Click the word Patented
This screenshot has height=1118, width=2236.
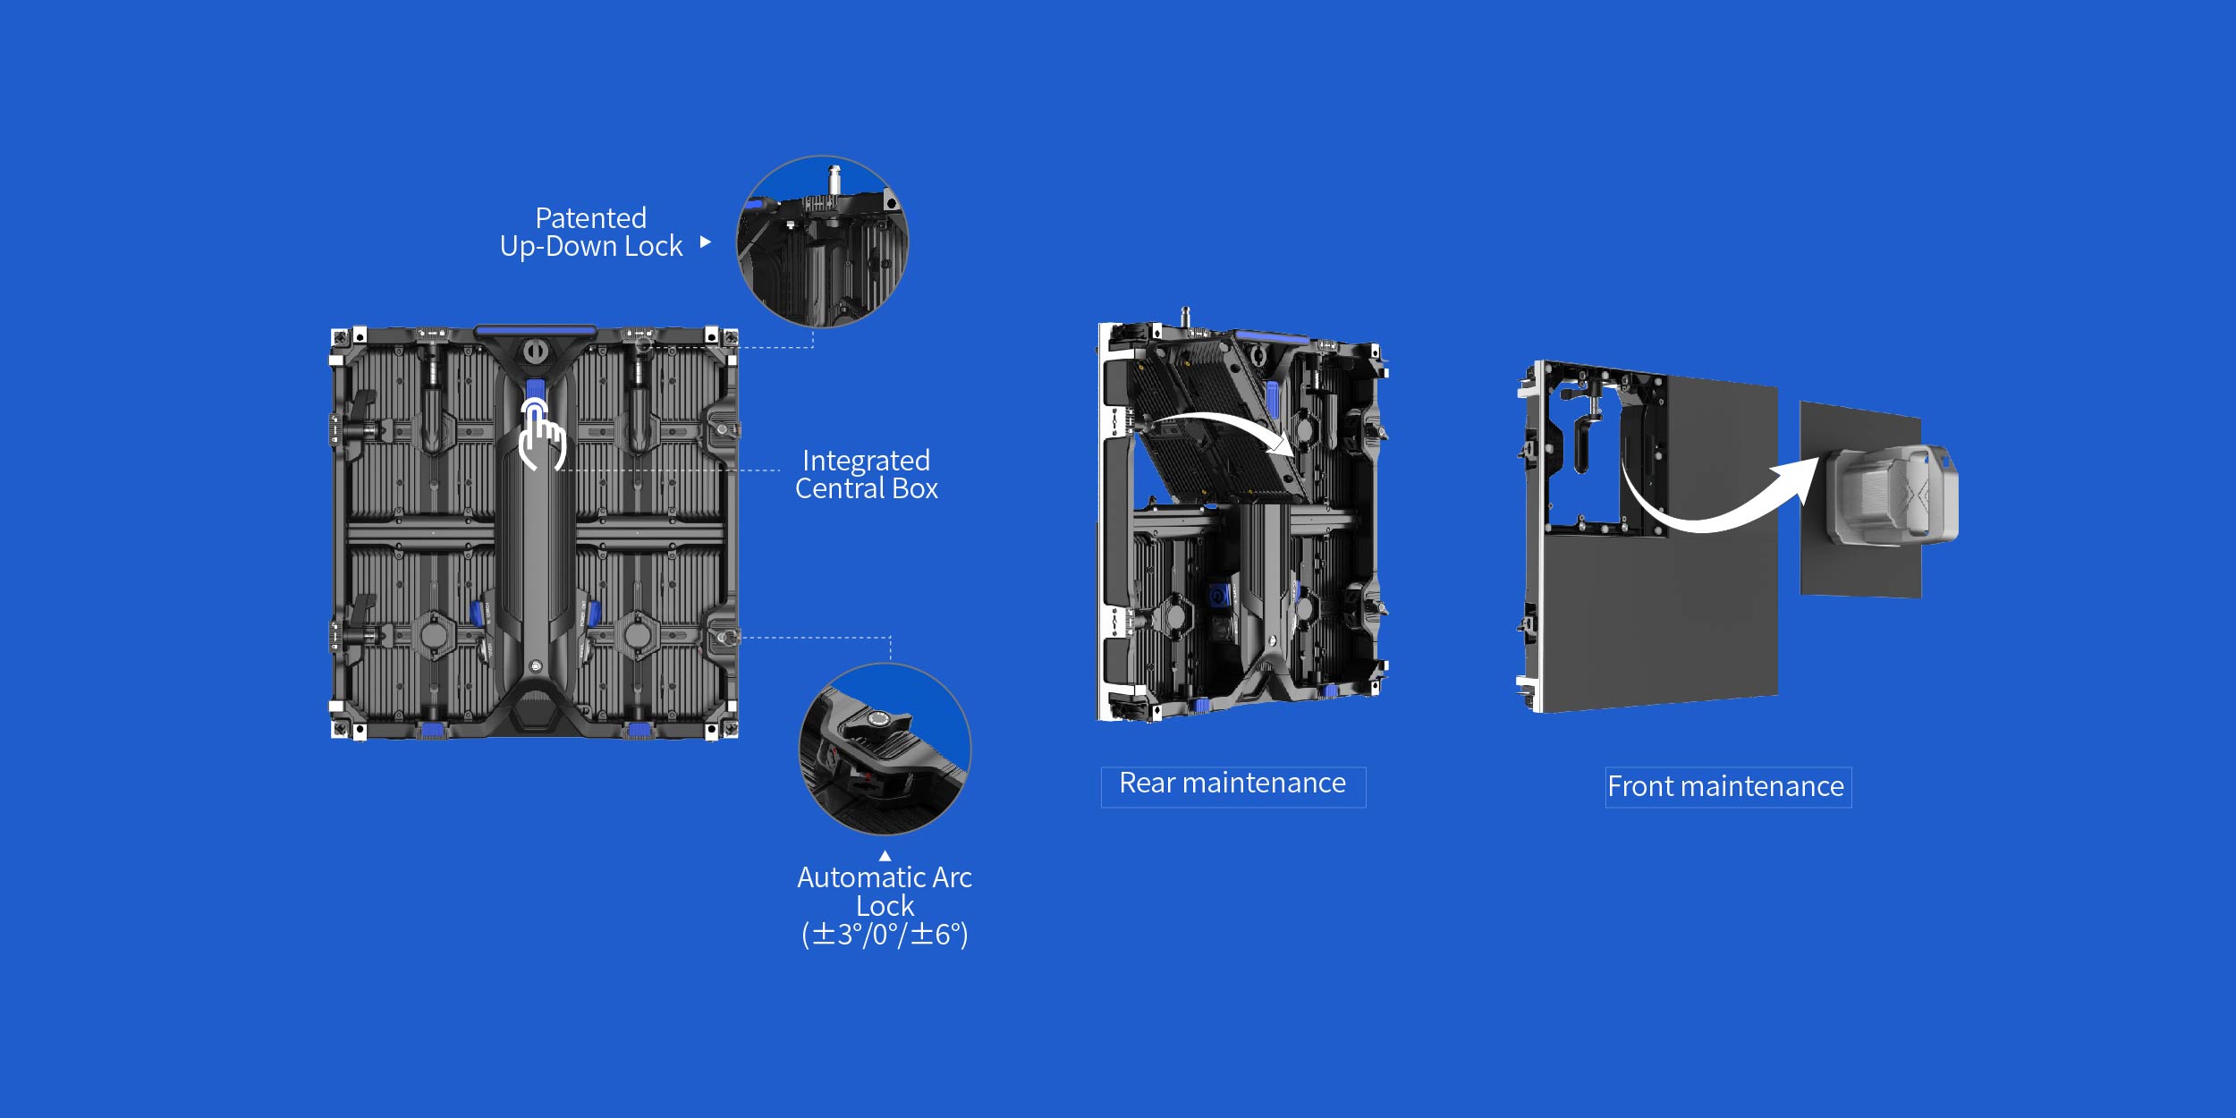click(590, 217)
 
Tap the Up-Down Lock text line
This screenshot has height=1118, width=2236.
click(591, 246)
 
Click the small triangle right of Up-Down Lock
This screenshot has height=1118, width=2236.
click(706, 241)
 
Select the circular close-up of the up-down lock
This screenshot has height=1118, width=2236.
click(822, 241)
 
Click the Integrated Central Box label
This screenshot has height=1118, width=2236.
click(866, 474)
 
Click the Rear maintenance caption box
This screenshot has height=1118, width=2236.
click(1233, 787)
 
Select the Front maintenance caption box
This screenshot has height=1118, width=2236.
click(1728, 787)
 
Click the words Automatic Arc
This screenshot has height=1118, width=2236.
click(885, 877)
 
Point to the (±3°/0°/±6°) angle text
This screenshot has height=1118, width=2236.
click(885, 935)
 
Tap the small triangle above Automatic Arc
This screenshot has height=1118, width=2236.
click(885, 856)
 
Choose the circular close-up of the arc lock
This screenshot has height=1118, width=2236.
click(885, 750)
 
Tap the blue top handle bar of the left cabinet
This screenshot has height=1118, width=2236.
click(535, 331)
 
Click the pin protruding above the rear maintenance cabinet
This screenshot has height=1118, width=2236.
click(1186, 318)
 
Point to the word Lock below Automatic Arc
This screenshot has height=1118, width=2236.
click(885, 906)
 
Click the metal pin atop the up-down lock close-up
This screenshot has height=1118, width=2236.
click(834, 179)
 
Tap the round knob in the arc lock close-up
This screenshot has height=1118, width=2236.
click(878, 718)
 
